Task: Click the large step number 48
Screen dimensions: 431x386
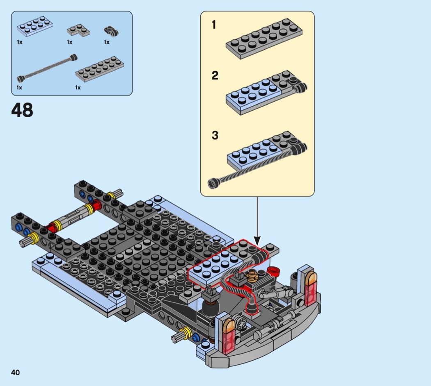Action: pos(22,110)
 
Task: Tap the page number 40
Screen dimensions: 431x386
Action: pos(16,372)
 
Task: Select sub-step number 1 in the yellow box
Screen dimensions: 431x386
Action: pos(214,25)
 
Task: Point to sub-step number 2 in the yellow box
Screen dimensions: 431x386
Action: pos(215,75)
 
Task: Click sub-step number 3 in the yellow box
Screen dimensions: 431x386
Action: pos(215,135)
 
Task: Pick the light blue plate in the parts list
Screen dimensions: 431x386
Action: pos(35,27)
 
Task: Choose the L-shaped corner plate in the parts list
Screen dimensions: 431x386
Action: pos(78,30)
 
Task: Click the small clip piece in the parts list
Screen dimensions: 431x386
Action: pos(111,31)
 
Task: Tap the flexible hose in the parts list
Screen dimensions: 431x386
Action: pos(47,68)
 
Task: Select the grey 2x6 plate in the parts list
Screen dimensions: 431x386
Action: pos(100,69)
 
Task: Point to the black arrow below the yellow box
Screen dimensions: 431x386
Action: pos(257,221)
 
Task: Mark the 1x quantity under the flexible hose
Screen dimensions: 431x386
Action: pos(19,88)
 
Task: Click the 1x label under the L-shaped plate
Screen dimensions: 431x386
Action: pos(69,42)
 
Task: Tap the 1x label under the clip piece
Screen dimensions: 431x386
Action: pos(107,42)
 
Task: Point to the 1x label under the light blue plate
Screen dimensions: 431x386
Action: pos(20,42)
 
